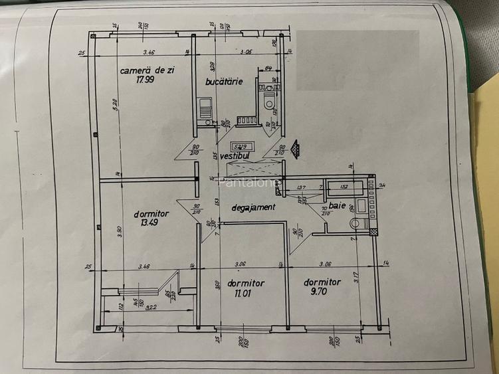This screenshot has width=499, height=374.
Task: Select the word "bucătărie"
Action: tap(224, 81)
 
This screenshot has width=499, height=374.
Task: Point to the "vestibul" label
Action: tap(235, 155)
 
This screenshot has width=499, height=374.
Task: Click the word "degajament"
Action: tap(253, 207)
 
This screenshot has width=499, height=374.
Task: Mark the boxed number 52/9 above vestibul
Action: tap(239, 145)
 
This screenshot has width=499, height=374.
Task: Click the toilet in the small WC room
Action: tap(269, 102)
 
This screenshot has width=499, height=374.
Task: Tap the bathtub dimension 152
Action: tap(344, 187)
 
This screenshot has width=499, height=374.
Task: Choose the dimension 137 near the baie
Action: tap(300, 188)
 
